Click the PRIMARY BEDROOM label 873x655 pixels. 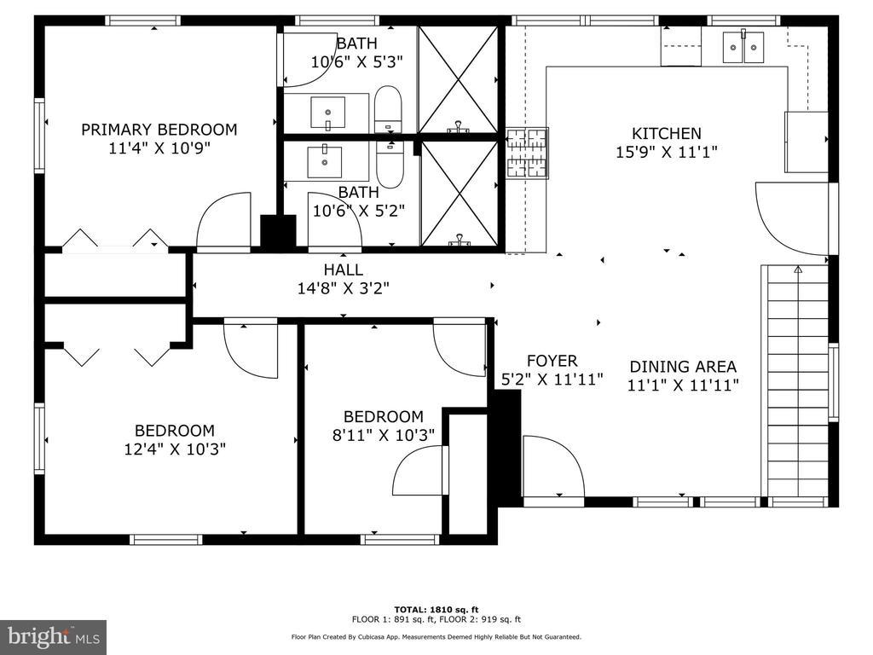159,130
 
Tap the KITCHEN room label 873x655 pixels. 666,134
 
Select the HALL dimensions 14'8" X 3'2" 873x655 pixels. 343,288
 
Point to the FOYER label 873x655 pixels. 552,361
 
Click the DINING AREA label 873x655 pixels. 683,367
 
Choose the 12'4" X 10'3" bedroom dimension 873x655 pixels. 175,449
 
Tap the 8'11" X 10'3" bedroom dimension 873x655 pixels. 384,435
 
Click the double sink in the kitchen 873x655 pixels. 743,48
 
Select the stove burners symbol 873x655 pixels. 527,154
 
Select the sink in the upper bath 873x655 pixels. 327,113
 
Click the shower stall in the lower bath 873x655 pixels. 460,193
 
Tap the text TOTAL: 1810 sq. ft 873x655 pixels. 436,609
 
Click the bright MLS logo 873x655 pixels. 54,636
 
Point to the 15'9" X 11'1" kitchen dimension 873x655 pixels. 666,152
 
